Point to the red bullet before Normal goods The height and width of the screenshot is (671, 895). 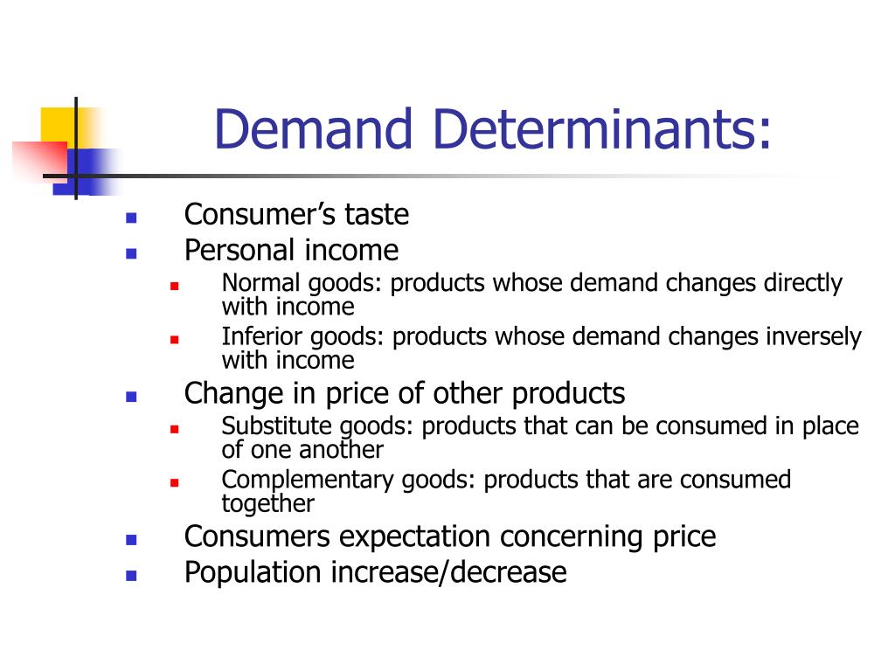point(174,286)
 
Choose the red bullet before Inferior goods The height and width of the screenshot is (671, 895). point(174,339)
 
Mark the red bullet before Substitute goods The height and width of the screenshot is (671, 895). point(174,429)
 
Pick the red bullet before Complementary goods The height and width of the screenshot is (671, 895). point(174,482)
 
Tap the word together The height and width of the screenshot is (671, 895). point(267,503)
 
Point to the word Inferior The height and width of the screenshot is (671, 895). point(251,337)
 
